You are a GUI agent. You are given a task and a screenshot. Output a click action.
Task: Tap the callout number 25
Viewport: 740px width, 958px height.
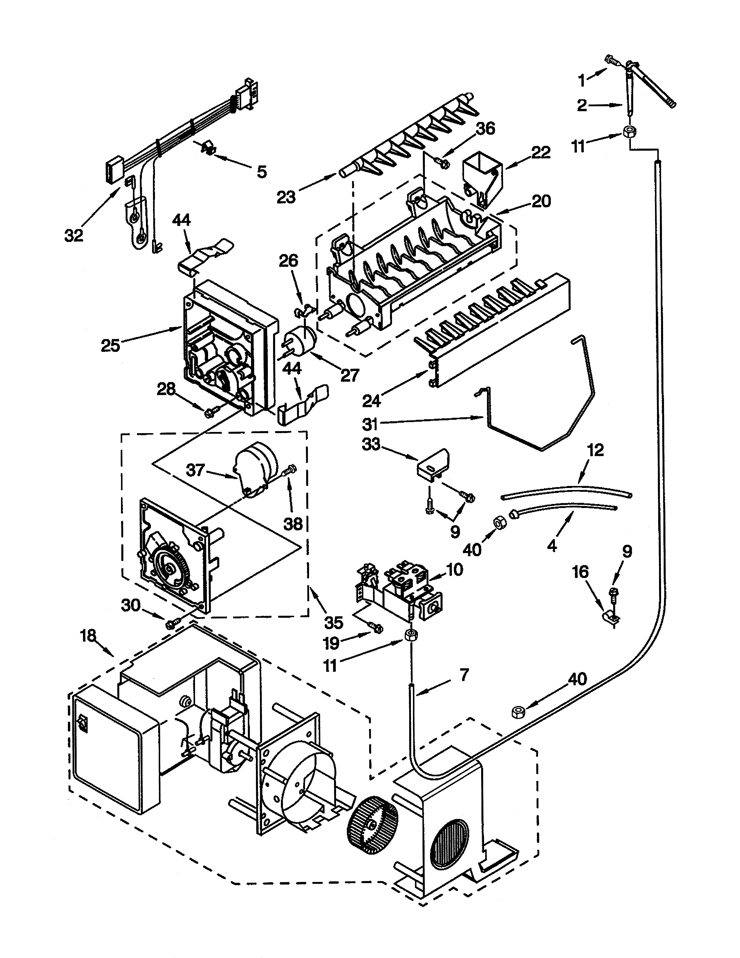click(111, 346)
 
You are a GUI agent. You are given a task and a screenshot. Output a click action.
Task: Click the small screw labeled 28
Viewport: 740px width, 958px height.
click(209, 412)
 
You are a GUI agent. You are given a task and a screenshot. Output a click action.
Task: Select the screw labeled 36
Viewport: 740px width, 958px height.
click(443, 164)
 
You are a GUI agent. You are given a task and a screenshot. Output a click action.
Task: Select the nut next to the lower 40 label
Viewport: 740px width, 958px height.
click(518, 712)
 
